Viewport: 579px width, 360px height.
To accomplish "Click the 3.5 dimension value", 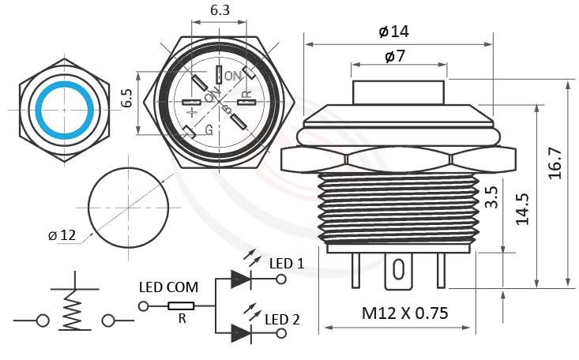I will [x=491, y=197].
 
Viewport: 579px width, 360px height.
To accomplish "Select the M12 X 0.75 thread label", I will [x=404, y=313].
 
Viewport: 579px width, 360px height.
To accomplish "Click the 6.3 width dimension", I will [x=220, y=10].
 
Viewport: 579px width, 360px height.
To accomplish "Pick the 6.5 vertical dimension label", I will [x=126, y=99].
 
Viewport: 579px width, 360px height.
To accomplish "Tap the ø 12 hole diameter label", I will [x=62, y=235].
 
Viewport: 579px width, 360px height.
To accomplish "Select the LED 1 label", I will [x=286, y=263].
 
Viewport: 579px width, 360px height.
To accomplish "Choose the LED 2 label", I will [x=282, y=319].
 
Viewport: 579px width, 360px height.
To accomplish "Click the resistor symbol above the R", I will [x=182, y=306].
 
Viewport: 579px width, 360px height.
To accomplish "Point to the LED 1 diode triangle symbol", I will [x=239, y=277].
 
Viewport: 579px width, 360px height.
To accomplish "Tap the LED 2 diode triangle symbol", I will [x=239, y=333].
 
